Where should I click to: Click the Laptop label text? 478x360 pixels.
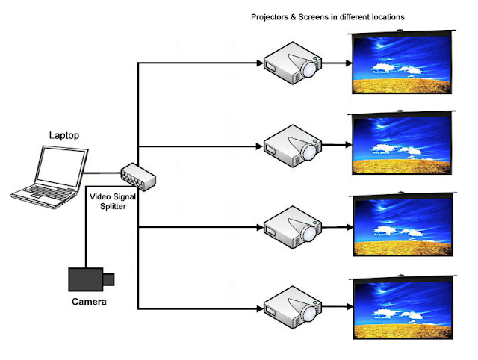click(64, 135)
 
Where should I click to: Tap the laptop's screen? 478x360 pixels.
click(60, 167)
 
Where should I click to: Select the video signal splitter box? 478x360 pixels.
click(138, 177)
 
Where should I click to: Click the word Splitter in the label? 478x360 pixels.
click(113, 206)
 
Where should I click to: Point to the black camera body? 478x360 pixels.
click(86, 279)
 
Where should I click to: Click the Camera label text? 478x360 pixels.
click(89, 302)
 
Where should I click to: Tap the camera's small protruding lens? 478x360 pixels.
click(108, 279)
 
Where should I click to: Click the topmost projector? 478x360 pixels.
click(292, 63)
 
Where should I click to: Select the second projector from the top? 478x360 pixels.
click(292, 146)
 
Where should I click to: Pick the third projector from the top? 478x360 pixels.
click(292, 227)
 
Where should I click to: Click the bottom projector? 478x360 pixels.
click(292, 307)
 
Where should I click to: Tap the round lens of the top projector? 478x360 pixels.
click(309, 69)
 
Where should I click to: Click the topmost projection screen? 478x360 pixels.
click(402, 62)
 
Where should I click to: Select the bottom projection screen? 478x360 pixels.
click(403, 307)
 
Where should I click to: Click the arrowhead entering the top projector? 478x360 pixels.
click(260, 63)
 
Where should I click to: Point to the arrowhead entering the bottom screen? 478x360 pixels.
click(350, 307)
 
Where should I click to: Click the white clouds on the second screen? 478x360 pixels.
click(397, 149)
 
